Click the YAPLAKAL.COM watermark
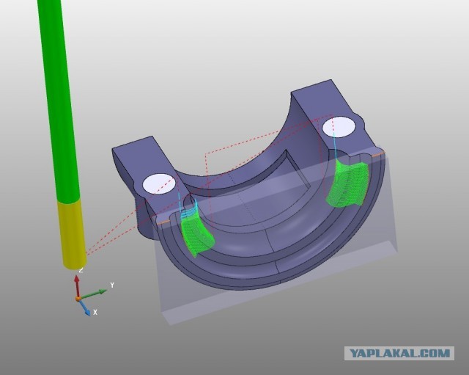point(399,354)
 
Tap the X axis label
point(95,312)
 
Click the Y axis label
point(112,285)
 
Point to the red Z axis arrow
point(77,286)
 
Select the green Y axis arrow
point(93,294)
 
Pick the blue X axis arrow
point(84,307)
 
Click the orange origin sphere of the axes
point(78,299)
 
